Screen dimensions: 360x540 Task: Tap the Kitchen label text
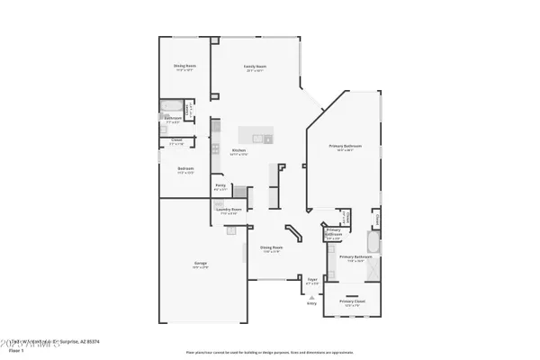point(238,150)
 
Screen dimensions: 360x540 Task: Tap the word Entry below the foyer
point(312,303)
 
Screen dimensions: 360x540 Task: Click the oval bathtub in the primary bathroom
point(374,243)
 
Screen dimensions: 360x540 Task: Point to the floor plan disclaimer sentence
point(270,352)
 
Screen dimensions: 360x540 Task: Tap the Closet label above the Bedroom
point(176,141)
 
